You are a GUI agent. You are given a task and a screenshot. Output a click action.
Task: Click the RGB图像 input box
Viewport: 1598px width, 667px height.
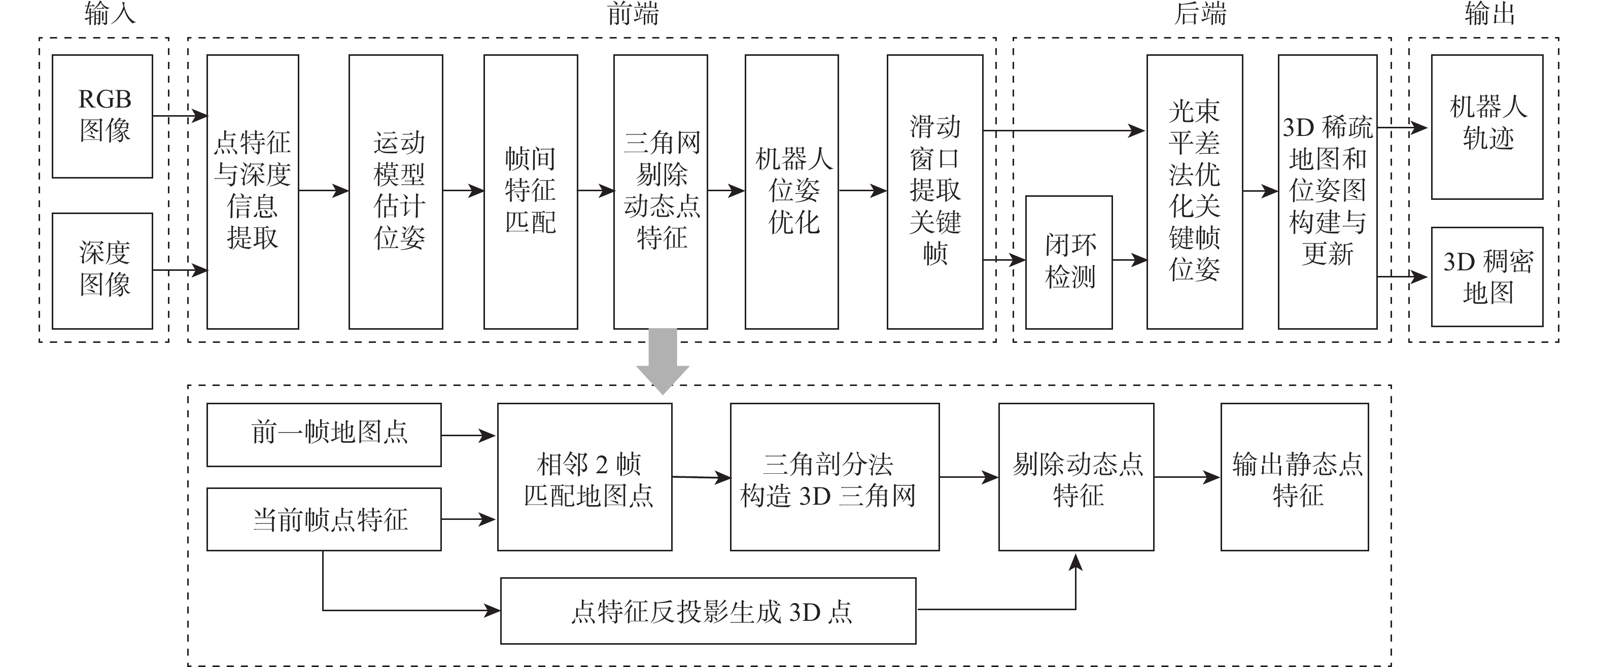click(x=102, y=116)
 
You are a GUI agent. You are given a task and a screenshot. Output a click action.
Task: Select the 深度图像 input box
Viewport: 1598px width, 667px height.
click(x=102, y=270)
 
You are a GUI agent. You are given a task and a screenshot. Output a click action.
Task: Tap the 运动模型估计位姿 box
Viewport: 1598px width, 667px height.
click(x=396, y=191)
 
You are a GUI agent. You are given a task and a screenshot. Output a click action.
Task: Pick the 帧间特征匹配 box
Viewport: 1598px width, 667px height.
click(x=531, y=191)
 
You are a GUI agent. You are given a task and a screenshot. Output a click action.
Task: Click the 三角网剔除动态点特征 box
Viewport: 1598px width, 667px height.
click(x=661, y=191)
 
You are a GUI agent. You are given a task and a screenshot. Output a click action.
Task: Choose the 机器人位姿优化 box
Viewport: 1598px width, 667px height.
click(x=791, y=191)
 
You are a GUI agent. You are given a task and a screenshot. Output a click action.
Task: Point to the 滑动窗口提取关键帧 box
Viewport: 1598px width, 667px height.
click(x=935, y=191)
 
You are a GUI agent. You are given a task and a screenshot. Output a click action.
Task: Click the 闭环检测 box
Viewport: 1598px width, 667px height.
click(x=1069, y=262)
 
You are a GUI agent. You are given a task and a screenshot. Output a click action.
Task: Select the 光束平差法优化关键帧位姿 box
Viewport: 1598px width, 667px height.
click(x=1194, y=191)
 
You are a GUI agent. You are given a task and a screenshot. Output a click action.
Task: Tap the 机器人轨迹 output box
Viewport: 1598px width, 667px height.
click(x=1487, y=127)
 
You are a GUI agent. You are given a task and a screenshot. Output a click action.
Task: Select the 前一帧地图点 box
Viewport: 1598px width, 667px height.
click(x=324, y=434)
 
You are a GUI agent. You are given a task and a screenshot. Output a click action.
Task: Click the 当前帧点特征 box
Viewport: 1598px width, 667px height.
click(x=324, y=519)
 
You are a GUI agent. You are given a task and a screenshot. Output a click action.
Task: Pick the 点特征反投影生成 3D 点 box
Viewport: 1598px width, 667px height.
click(x=708, y=611)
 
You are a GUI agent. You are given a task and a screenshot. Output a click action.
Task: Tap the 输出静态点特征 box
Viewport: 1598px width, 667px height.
click(x=1295, y=476)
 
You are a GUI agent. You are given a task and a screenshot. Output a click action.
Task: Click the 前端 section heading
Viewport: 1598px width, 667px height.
click(x=633, y=14)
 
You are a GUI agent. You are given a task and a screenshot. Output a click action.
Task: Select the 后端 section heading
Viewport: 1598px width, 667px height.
click(x=1200, y=14)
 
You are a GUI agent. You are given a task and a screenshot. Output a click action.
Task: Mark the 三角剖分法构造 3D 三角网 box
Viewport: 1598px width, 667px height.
click(x=835, y=476)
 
